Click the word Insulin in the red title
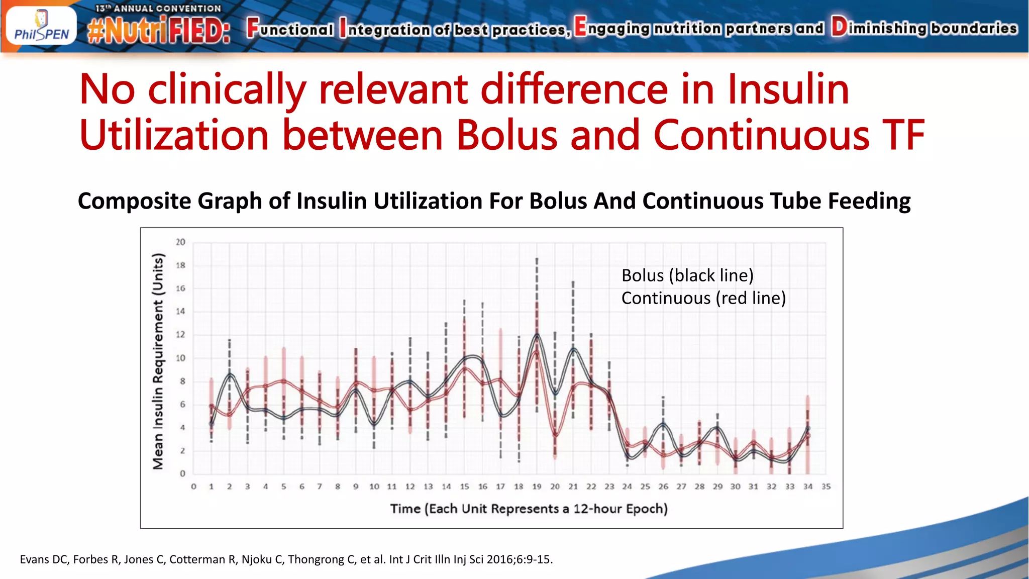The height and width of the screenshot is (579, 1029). (x=788, y=89)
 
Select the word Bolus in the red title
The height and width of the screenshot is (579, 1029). (x=507, y=135)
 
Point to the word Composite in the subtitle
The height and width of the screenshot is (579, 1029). (x=134, y=201)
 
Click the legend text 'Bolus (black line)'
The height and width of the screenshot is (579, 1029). (x=687, y=275)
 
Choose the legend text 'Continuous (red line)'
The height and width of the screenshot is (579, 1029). (x=703, y=298)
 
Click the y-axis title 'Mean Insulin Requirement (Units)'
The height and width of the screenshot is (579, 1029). (x=158, y=361)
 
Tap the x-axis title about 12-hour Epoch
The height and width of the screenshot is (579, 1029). (x=529, y=509)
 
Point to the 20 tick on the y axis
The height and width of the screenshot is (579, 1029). (x=180, y=242)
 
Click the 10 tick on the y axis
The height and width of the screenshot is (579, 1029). (x=180, y=358)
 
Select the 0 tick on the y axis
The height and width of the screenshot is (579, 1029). (x=182, y=473)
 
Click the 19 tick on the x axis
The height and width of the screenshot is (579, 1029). (x=537, y=487)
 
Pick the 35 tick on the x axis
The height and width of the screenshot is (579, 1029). (x=826, y=487)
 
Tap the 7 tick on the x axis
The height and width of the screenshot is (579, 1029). (x=320, y=487)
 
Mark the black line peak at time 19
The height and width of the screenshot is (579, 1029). (x=537, y=335)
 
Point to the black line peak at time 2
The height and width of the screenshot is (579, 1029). (x=230, y=374)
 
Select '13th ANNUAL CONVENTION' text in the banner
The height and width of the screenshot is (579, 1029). (x=158, y=9)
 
